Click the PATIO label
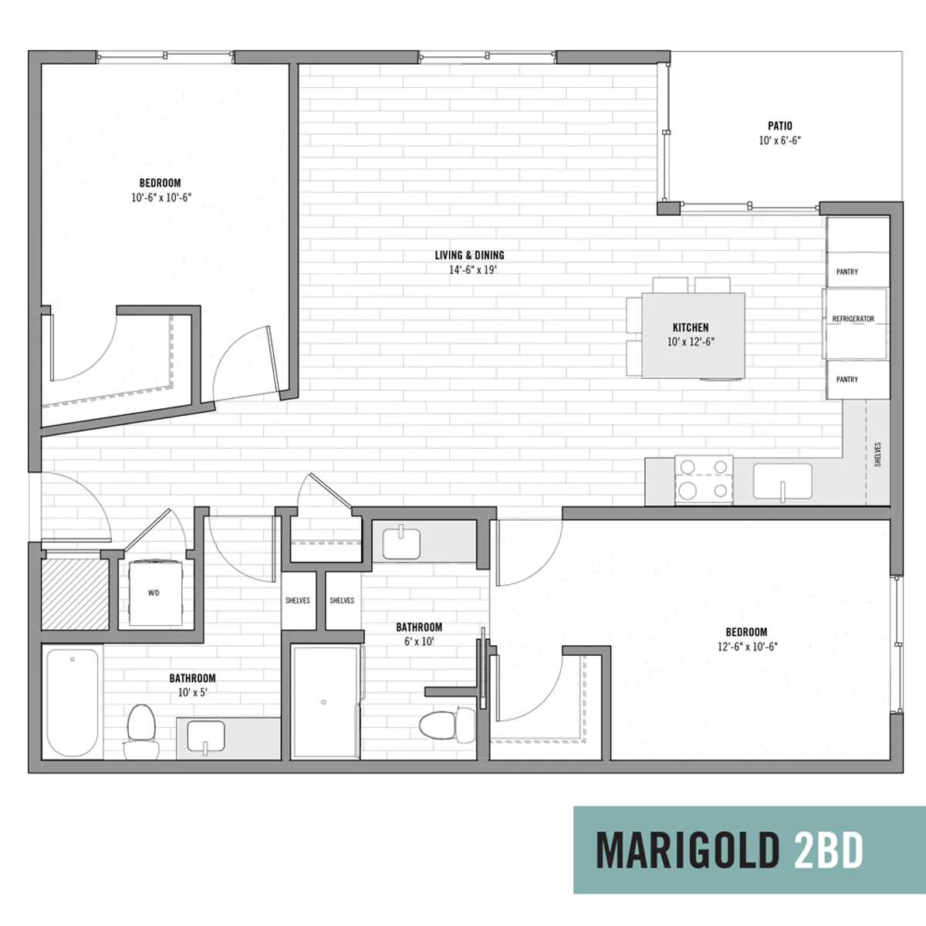780,126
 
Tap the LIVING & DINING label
469,255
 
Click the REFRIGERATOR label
853,319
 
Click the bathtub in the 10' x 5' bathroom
73,703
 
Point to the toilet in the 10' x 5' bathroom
141,732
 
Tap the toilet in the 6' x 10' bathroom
447,725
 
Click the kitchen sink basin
782,482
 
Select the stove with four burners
704,479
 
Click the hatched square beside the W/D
75,594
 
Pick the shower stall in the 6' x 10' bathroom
326,702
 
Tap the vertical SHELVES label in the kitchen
878,455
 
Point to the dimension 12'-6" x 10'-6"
747,647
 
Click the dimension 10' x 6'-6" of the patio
780,140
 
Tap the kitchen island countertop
694,336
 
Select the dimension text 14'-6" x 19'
473,269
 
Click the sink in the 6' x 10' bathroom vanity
401,543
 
